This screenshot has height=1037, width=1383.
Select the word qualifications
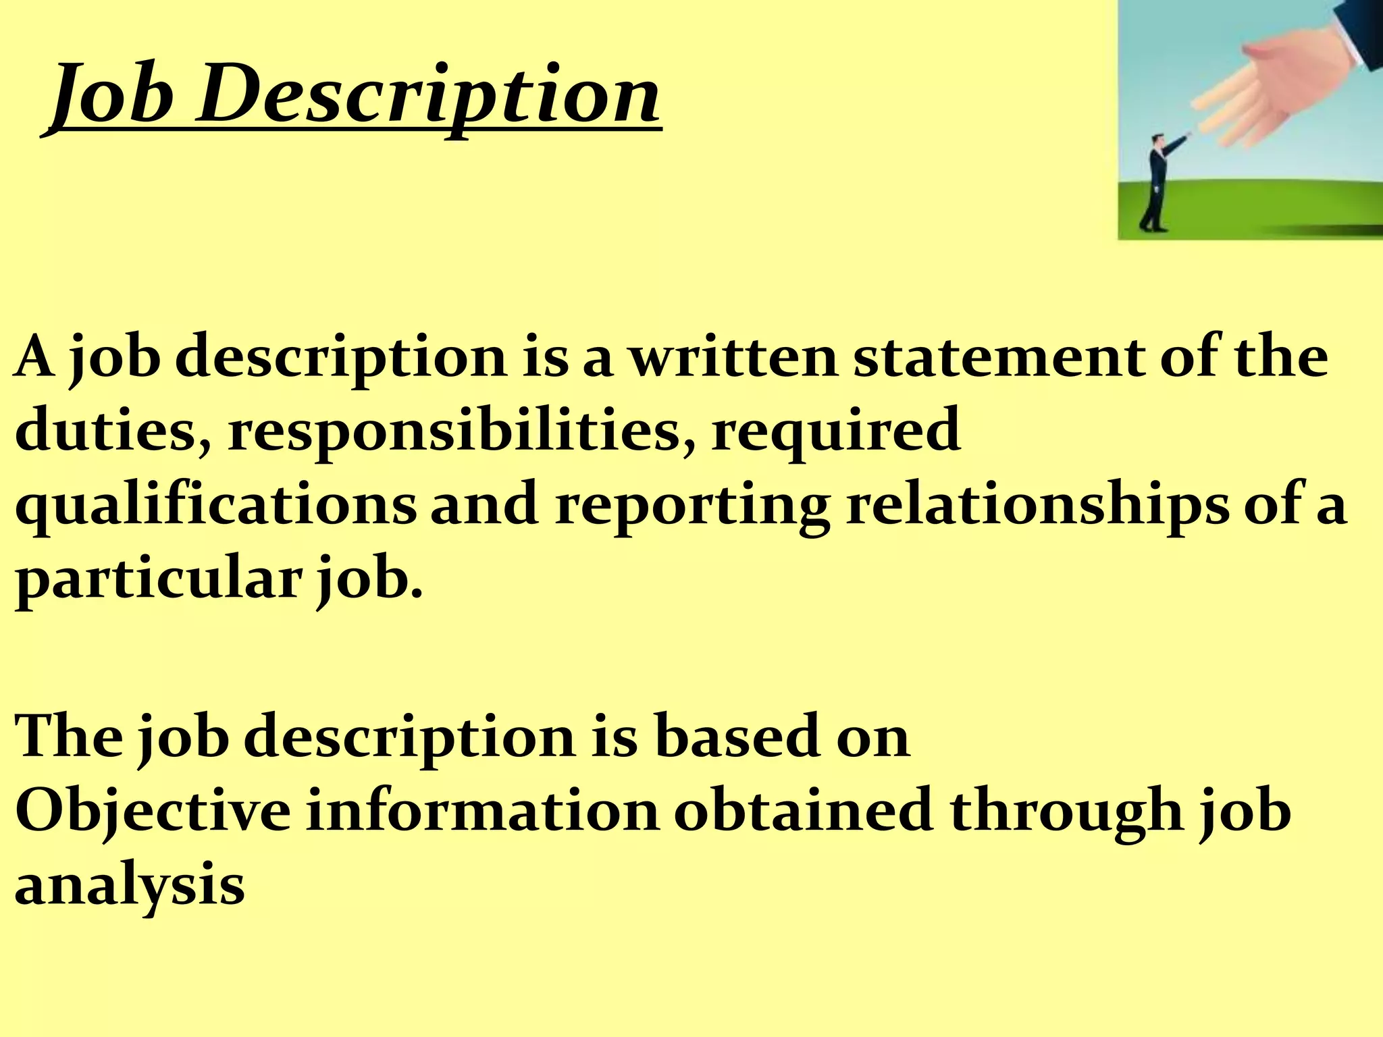coord(216,506)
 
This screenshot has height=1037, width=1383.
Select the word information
coord(482,810)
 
